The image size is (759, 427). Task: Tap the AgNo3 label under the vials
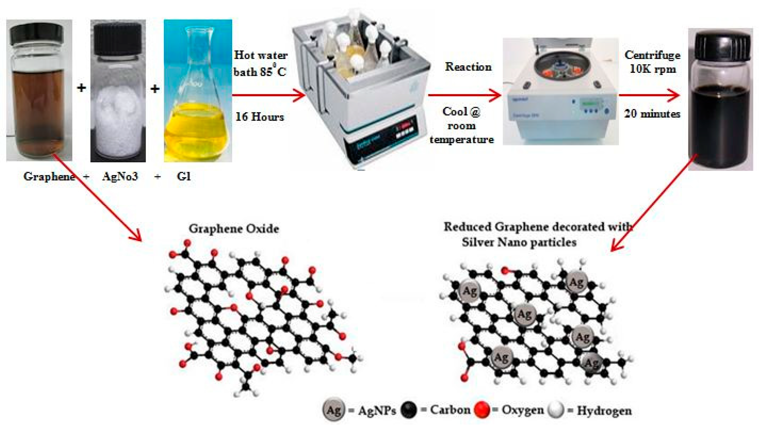(x=120, y=176)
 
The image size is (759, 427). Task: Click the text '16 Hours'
(x=260, y=117)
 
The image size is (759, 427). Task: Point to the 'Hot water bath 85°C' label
(x=261, y=63)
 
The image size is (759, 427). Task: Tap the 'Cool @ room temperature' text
(x=462, y=125)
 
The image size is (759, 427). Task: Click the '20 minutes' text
(x=652, y=114)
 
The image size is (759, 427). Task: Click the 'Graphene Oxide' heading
(x=234, y=229)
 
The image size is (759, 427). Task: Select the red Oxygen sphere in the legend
(x=482, y=410)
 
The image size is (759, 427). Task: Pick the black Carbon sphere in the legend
(x=409, y=410)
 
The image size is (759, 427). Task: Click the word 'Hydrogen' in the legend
(x=604, y=410)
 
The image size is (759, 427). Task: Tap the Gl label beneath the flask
(x=184, y=176)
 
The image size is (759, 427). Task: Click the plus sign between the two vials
(x=81, y=88)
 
